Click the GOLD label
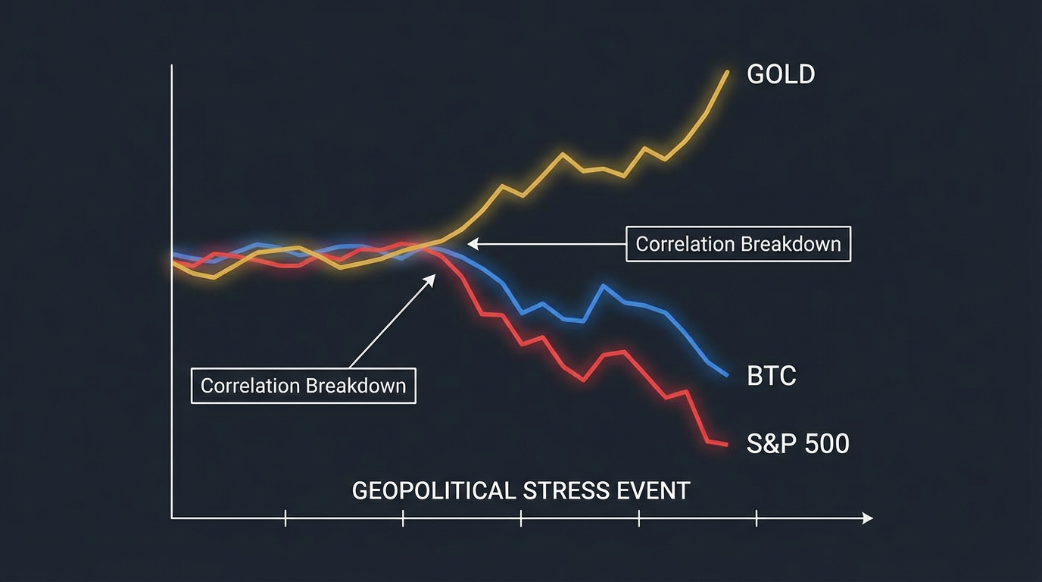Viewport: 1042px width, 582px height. pyautogui.click(x=781, y=74)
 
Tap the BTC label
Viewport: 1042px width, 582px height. pyautogui.click(x=771, y=376)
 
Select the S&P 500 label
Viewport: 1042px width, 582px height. pyautogui.click(x=797, y=443)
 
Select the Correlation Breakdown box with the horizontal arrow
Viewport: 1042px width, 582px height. pyautogui.click(x=738, y=244)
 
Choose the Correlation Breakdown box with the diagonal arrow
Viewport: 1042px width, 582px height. pyautogui.click(x=303, y=386)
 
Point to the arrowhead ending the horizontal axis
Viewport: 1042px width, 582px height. pyautogui.click(x=869, y=518)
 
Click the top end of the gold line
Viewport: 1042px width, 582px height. pyautogui.click(x=727, y=72)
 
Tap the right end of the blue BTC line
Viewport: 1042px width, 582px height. pyautogui.click(x=727, y=374)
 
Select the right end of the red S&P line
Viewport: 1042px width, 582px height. pyautogui.click(x=727, y=444)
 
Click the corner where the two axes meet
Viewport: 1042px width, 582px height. pyautogui.click(x=173, y=518)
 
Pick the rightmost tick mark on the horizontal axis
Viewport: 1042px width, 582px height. pyautogui.click(x=757, y=518)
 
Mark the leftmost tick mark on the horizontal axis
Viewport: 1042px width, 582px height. pyautogui.click(x=285, y=518)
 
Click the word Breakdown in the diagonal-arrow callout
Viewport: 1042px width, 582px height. pyautogui.click(x=355, y=386)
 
